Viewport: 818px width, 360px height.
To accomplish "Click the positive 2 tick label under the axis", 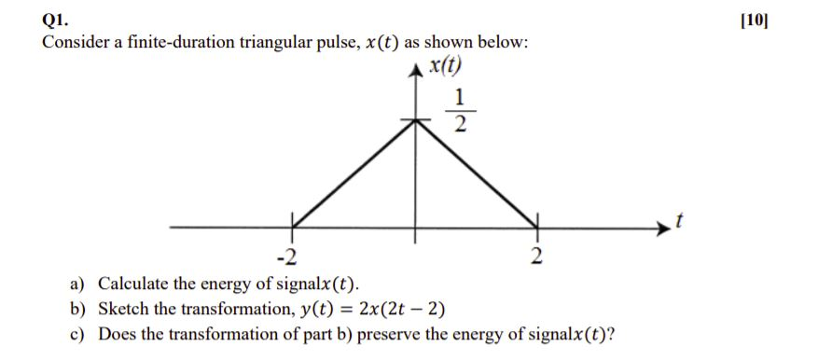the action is click(x=536, y=256).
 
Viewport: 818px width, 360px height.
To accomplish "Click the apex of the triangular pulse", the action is click(x=416, y=121).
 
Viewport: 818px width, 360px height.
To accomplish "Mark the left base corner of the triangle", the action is click(x=291, y=227).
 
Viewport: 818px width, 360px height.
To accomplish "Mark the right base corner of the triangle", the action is click(x=535, y=227).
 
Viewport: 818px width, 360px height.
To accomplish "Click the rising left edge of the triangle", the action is click(x=354, y=173).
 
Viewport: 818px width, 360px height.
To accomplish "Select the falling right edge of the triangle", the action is click(x=476, y=173).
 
